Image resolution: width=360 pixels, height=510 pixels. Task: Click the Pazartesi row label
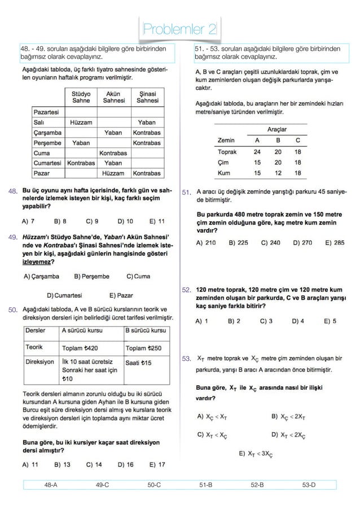(x=46, y=112)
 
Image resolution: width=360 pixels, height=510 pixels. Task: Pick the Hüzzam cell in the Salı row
(x=81, y=122)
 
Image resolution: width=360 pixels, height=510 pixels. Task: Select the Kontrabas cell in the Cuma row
(x=114, y=152)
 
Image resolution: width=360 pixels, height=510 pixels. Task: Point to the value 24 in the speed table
(x=257, y=152)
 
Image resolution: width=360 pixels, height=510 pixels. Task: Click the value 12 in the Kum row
(x=278, y=173)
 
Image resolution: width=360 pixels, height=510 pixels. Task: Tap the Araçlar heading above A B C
(x=277, y=130)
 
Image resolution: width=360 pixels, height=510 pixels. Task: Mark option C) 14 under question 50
(x=94, y=465)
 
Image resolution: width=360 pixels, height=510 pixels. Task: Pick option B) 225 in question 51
(x=238, y=243)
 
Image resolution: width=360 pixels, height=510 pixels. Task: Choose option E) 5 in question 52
(x=330, y=321)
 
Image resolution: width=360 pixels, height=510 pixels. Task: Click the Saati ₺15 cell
(x=139, y=363)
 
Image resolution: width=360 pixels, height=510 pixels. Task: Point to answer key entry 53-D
(x=309, y=485)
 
